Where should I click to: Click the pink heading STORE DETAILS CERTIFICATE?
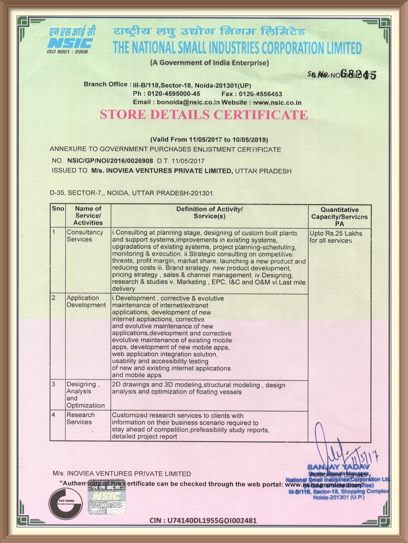[204, 115]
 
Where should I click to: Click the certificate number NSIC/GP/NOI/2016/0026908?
[110, 161]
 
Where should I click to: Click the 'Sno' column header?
[58, 209]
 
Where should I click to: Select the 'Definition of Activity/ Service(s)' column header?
[209, 212]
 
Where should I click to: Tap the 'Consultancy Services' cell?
[85, 236]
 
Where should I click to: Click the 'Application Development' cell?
[86, 301]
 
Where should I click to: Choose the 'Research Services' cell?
[80, 418]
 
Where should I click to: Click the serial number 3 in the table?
[54, 384]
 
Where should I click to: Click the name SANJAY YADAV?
[338, 467]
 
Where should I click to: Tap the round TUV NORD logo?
[66, 503]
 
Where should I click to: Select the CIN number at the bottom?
[203, 520]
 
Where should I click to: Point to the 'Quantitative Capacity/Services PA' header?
[339, 216]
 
